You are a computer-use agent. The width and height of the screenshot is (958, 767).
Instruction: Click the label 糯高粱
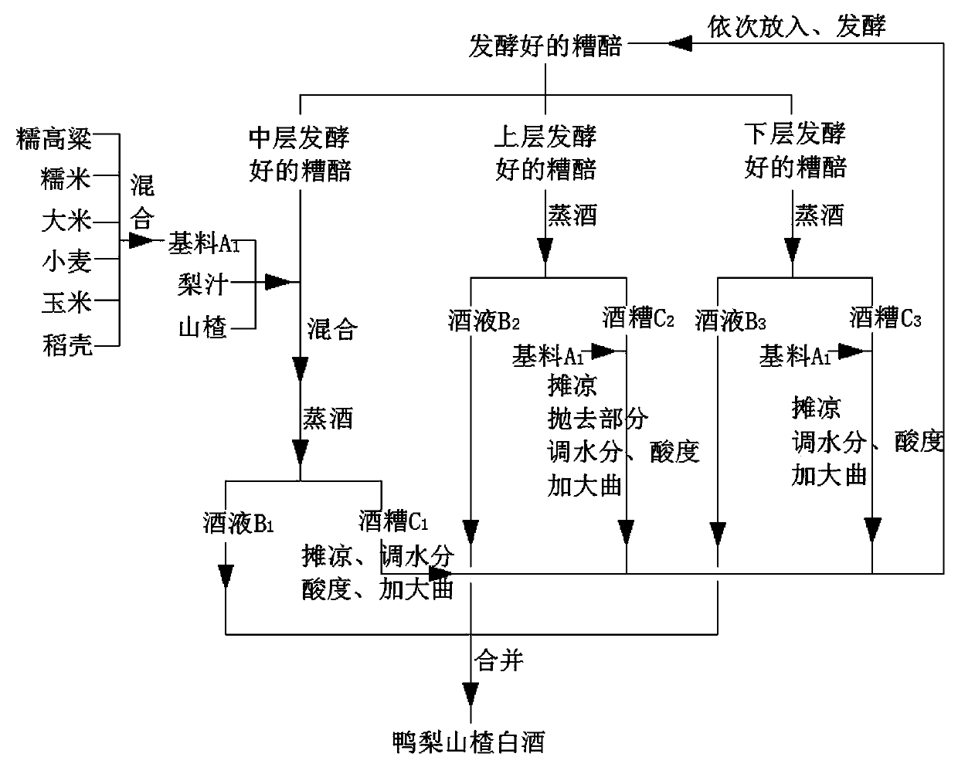tap(54, 139)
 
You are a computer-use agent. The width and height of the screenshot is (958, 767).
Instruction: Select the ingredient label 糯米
tap(66, 180)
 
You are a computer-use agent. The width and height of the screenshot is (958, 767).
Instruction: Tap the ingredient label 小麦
tap(66, 262)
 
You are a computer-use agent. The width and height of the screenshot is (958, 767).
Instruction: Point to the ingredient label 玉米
tap(66, 303)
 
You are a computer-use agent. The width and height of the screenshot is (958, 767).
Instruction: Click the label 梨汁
tap(202, 284)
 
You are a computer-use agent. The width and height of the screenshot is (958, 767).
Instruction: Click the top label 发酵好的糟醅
tap(545, 47)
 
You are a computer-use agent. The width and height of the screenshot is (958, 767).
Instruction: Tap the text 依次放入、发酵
tap(797, 26)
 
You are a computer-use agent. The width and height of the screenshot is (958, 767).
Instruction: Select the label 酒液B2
tap(484, 320)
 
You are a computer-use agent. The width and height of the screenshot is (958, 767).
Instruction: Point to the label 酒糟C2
tap(638, 317)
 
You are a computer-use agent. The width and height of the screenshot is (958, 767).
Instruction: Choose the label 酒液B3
tap(731, 320)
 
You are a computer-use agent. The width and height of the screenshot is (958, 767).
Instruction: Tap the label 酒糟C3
tap(885, 317)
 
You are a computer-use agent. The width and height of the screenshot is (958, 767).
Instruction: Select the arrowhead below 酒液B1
tap(225, 575)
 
